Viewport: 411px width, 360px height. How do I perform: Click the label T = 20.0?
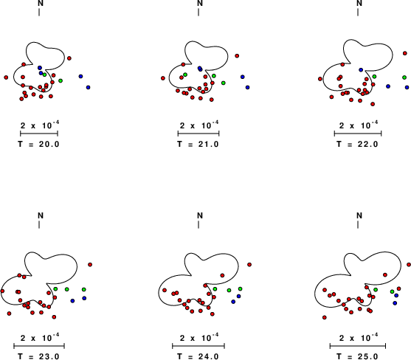click(39, 144)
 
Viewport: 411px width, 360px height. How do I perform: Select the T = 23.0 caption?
click(39, 356)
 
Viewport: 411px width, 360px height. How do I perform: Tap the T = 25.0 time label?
click(358, 356)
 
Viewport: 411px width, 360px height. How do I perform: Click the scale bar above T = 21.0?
click(198, 134)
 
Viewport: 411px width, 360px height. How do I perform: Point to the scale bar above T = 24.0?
click(198, 346)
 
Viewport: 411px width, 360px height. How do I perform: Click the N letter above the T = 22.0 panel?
click(359, 3)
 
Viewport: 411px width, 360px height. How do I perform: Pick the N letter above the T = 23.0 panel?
click(41, 215)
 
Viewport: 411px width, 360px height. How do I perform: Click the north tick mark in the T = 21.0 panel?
click(198, 12)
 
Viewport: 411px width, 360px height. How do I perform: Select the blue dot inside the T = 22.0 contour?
click(361, 69)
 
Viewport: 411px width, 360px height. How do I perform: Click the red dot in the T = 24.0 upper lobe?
click(222, 275)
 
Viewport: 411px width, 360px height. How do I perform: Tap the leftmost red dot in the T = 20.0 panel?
click(6, 77)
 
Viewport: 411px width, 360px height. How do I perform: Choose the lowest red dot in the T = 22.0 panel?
click(373, 104)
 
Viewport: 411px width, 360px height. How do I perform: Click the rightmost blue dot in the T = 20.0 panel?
click(88, 87)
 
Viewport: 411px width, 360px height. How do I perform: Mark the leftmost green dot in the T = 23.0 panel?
click(55, 288)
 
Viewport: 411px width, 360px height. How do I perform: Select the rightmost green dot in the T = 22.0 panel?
click(404, 77)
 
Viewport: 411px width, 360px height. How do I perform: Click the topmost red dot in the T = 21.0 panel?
click(237, 56)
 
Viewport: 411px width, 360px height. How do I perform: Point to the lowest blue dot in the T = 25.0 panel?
click(395, 303)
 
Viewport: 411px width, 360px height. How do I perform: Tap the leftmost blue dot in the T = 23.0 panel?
click(72, 301)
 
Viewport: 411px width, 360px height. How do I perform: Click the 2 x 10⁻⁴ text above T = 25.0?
click(358, 337)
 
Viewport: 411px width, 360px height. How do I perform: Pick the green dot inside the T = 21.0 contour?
click(185, 75)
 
